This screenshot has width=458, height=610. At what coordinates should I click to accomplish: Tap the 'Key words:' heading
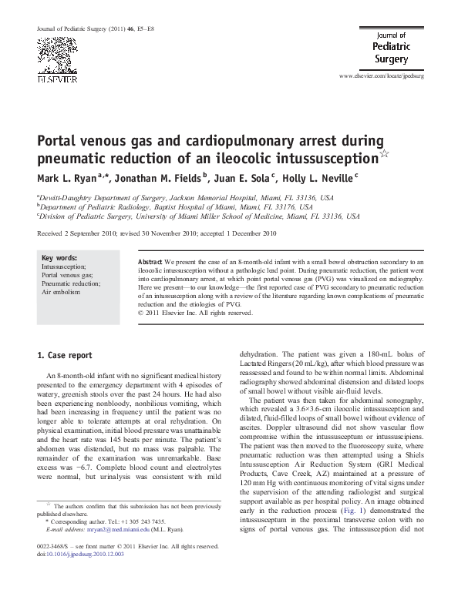pos(59,258)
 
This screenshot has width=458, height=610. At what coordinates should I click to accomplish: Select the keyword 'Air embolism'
pos(61,293)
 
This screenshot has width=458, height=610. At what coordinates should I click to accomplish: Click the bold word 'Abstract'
pos(150,263)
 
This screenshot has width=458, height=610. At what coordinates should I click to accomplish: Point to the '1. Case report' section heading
pos(65,356)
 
